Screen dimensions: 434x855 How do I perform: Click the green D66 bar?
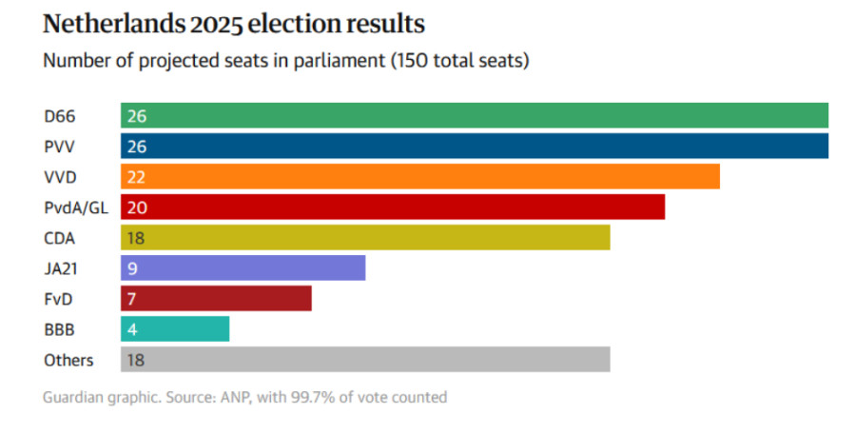click(x=474, y=116)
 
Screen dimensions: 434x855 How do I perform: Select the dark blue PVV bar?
click(x=474, y=147)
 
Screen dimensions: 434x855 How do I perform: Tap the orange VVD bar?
click(x=419, y=177)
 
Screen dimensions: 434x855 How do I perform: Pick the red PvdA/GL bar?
click(x=392, y=207)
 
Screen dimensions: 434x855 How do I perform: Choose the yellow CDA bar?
click(x=364, y=238)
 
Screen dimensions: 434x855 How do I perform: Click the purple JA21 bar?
click(x=243, y=268)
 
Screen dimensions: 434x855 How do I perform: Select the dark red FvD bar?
click(x=216, y=299)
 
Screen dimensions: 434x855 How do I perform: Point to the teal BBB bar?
click(x=175, y=329)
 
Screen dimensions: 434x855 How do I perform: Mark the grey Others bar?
click(x=364, y=360)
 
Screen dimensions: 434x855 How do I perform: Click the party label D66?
click(x=59, y=116)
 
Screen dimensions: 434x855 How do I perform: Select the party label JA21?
click(x=61, y=268)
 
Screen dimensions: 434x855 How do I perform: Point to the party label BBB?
click(x=59, y=329)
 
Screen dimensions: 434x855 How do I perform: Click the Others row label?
click(x=68, y=360)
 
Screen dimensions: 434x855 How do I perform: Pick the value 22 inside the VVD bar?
click(x=136, y=177)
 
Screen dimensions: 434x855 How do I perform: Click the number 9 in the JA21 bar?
click(x=131, y=268)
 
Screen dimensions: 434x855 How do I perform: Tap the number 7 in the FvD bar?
click(x=131, y=299)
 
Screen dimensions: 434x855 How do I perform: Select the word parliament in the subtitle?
click(x=335, y=61)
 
